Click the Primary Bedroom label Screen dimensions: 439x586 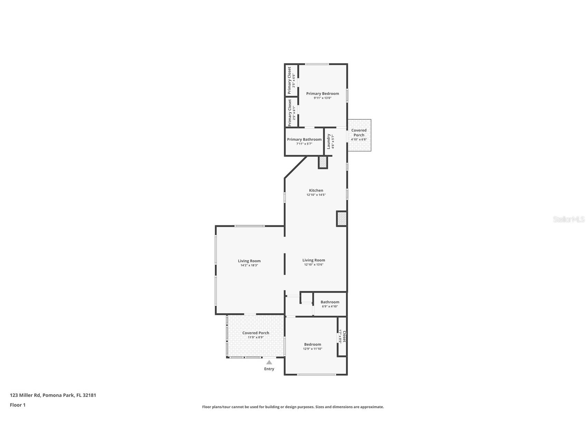[x=322, y=94]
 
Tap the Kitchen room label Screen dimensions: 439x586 [x=316, y=191]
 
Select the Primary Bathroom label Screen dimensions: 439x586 [x=304, y=139]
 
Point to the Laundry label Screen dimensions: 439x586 [x=329, y=141]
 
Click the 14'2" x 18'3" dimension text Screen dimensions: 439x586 [x=249, y=265]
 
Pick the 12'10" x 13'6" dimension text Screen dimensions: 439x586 [x=314, y=265]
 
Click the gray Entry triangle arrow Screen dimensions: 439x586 [x=269, y=362]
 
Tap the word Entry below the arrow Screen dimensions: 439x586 [x=269, y=369]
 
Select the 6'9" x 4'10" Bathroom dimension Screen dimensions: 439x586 [x=330, y=306]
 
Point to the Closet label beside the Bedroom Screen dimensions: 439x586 [x=344, y=336]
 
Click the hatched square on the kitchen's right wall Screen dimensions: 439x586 [x=342, y=219]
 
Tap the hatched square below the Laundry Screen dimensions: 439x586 [x=323, y=162]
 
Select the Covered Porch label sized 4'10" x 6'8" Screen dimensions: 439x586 [x=359, y=133]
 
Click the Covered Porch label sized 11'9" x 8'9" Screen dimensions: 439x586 [x=256, y=333]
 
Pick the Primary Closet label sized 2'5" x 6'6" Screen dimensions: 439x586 [x=289, y=80]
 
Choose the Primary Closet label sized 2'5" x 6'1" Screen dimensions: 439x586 [x=290, y=113]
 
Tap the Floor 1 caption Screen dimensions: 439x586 [x=18, y=405]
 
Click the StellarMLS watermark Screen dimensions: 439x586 [x=568, y=219]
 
